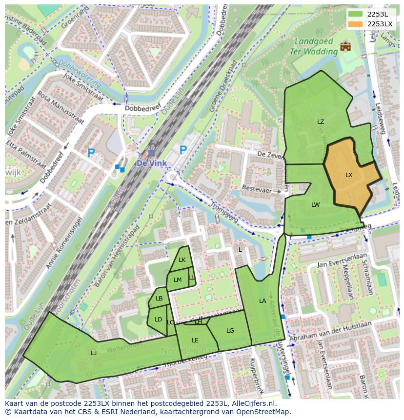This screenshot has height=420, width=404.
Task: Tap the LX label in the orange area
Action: click(349, 175)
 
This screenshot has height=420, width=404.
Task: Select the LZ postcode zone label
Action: click(321, 122)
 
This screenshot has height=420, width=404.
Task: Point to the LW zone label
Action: click(316, 205)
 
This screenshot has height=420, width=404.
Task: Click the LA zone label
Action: click(263, 301)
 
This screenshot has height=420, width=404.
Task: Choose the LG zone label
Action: click(230, 331)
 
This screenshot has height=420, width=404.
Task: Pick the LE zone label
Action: click(195, 340)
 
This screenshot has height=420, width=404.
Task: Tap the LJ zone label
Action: click(94, 353)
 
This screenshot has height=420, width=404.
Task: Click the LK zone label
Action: click(182, 260)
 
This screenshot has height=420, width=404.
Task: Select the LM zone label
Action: click(178, 280)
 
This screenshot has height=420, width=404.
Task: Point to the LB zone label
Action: click(159, 299)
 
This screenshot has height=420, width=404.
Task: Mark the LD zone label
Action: click(158, 320)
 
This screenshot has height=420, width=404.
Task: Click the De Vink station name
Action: click(151, 163)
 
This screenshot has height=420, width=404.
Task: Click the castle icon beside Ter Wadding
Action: click(345, 46)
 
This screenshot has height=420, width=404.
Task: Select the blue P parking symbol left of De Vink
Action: click(91, 153)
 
